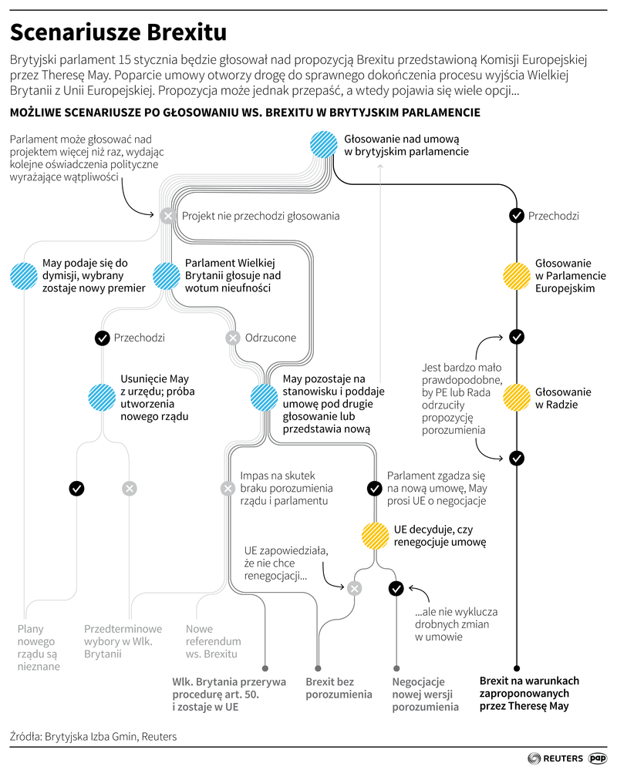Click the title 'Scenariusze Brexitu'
pos(118,32)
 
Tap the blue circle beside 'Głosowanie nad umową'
pos(322,145)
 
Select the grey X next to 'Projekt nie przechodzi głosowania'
pos(167,216)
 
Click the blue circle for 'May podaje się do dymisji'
pos(23,275)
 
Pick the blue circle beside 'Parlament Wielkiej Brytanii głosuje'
pos(167,275)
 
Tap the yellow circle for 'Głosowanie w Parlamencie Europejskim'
pos(516,275)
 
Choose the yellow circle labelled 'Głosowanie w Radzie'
pos(516,398)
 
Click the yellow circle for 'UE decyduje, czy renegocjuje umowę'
pos(375,535)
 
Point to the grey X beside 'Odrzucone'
pos(233,338)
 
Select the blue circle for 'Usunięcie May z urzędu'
pos(102,398)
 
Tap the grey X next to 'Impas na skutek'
pos(228,488)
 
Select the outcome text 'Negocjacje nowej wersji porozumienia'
pos(425,694)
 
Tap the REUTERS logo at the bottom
pos(555,758)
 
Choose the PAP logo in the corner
pos(598,758)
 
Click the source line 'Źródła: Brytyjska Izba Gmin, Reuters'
pos(93,737)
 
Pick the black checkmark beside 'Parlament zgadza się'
pos(375,488)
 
